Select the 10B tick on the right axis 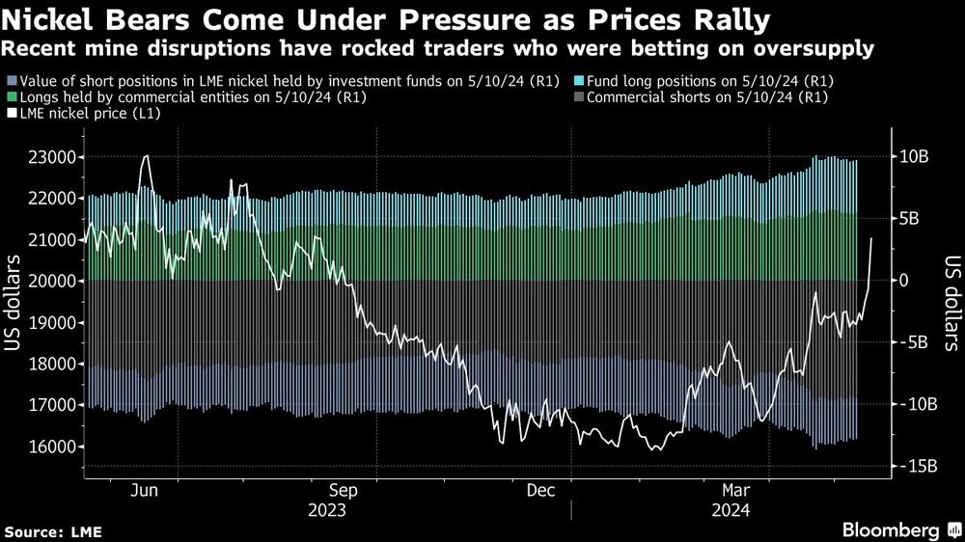coord(912,157)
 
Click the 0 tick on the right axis coord(905,281)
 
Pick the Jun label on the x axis coord(144,490)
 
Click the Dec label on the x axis coord(540,490)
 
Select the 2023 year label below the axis coord(328,508)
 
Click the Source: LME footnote coord(53,531)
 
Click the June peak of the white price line coord(146,156)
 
